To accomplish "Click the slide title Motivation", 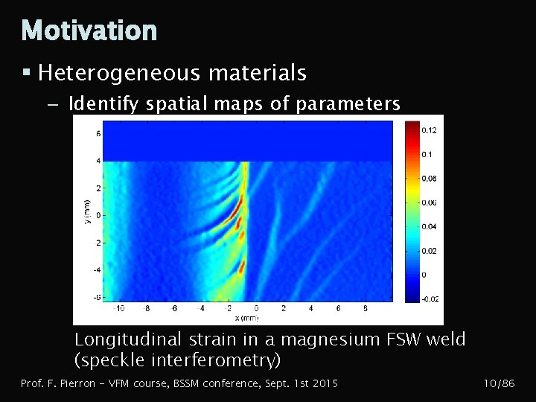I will click(x=89, y=31).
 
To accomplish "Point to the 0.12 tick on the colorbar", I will click(x=429, y=130).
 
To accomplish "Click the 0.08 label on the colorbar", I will click(x=429, y=179).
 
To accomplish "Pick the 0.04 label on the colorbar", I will click(x=429, y=226).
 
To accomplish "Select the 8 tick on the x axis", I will click(x=366, y=307).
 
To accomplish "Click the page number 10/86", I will click(x=499, y=383).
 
